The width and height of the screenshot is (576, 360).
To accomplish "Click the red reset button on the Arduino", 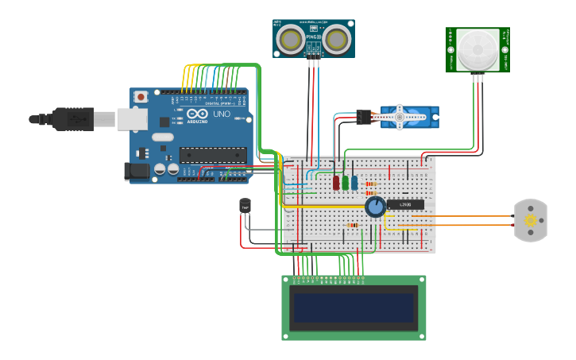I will [141, 97].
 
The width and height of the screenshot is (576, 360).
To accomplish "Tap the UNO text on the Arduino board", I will [222, 114].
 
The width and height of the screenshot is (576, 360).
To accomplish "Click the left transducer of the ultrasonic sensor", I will [291, 38].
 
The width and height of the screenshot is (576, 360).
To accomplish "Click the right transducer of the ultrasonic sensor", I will [338, 38].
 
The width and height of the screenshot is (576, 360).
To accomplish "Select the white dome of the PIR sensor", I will [478, 48].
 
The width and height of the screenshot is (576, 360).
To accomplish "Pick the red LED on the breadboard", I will [336, 183].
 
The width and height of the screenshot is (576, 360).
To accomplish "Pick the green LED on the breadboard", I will [346, 183].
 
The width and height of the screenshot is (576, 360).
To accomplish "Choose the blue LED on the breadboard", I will [354, 183].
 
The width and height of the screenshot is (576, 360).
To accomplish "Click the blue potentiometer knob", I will [375, 207].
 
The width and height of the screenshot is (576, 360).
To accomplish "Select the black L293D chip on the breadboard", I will [405, 204].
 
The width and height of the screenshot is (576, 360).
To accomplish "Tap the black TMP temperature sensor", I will [245, 206].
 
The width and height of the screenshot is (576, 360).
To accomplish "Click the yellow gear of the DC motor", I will [530, 220].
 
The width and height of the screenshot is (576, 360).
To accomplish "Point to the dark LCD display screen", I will [354, 308].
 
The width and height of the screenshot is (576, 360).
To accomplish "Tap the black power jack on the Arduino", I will [137, 170].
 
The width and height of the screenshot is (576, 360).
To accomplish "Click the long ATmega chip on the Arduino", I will [212, 154].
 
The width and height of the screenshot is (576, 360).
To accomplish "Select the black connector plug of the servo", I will [365, 117].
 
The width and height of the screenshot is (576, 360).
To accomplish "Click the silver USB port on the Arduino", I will [132, 119].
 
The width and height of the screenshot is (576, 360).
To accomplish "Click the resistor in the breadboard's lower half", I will [353, 225].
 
